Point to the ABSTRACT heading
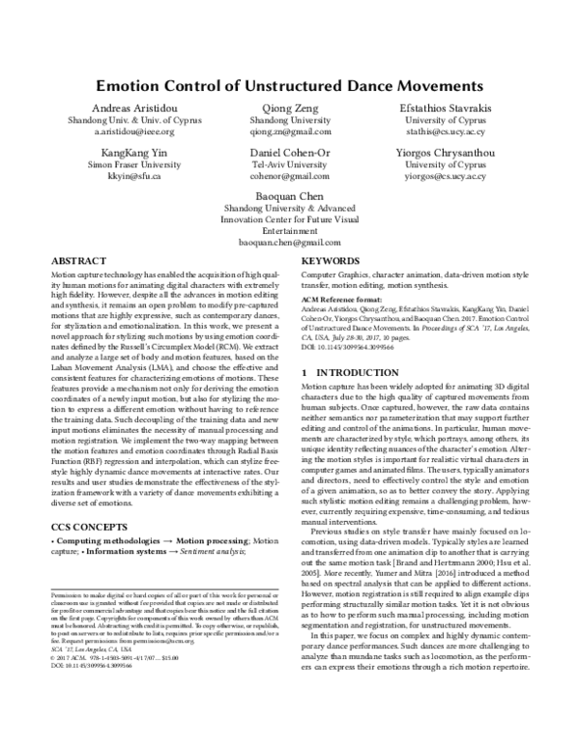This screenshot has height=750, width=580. point(77,261)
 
